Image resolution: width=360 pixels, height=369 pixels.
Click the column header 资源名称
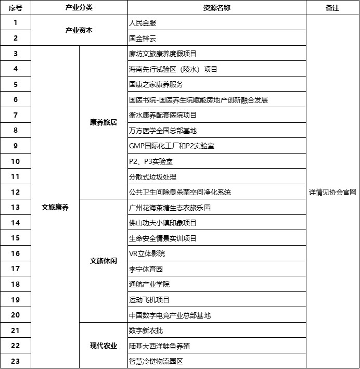[x=216, y=8]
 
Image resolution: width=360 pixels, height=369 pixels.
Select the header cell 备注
[x=332, y=8]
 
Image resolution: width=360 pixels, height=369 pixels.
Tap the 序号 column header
[x=16, y=8]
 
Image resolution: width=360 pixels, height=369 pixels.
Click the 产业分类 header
[x=79, y=8]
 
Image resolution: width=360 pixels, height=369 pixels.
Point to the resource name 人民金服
[x=143, y=23]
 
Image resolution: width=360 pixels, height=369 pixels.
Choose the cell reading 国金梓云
[x=143, y=39]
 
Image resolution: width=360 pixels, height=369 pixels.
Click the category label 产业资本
[x=79, y=31]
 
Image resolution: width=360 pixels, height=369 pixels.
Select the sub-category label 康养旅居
[x=103, y=123]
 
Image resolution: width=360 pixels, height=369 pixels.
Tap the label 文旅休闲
[x=103, y=261]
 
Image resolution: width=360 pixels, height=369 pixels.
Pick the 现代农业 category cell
[x=103, y=346]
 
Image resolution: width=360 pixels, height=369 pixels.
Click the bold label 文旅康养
[x=55, y=207]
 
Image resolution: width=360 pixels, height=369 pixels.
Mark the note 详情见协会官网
[x=332, y=192]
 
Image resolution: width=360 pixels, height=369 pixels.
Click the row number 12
[x=16, y=192]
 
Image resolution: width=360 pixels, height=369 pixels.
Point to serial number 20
[x=16, y=315]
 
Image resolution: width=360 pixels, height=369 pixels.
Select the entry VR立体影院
[x=147, y=253]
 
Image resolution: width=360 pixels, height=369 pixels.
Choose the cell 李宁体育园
[x=146, y=269]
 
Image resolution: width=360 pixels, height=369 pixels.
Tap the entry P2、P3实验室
[x=151, y=161]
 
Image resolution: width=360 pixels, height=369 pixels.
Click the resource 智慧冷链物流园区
[x=156, y=361]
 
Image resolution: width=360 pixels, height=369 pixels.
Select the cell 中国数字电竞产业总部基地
[x=170, y=315]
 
